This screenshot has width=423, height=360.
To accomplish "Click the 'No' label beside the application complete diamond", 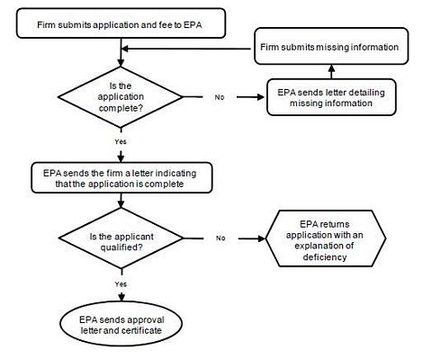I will point(220,96).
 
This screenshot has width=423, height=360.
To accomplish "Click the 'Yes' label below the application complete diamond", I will point(119,140).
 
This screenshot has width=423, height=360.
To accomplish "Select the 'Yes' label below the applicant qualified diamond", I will point(119,283).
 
